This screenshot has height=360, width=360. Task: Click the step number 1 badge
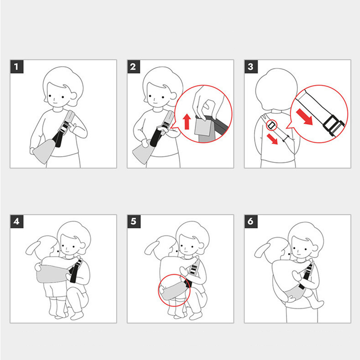point(17,67)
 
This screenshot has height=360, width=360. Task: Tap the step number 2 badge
point(134,67)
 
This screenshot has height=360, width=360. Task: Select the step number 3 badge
point(251,67)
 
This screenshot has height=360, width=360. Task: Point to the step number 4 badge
point(17,221)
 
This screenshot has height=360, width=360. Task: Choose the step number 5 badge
point(134,221)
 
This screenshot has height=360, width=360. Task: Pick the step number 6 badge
point(251,221)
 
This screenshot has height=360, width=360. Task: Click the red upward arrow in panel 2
point(187,121)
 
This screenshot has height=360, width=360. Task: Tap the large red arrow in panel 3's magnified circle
point(305,117)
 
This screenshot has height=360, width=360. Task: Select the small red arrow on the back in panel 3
point(272,139)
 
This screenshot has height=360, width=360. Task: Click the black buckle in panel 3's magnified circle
point(333,126)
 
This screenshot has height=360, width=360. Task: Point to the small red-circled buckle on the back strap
point(272,125)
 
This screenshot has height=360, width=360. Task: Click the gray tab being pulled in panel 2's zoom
point(203,127)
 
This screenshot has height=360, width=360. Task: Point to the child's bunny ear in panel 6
point(262,250)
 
